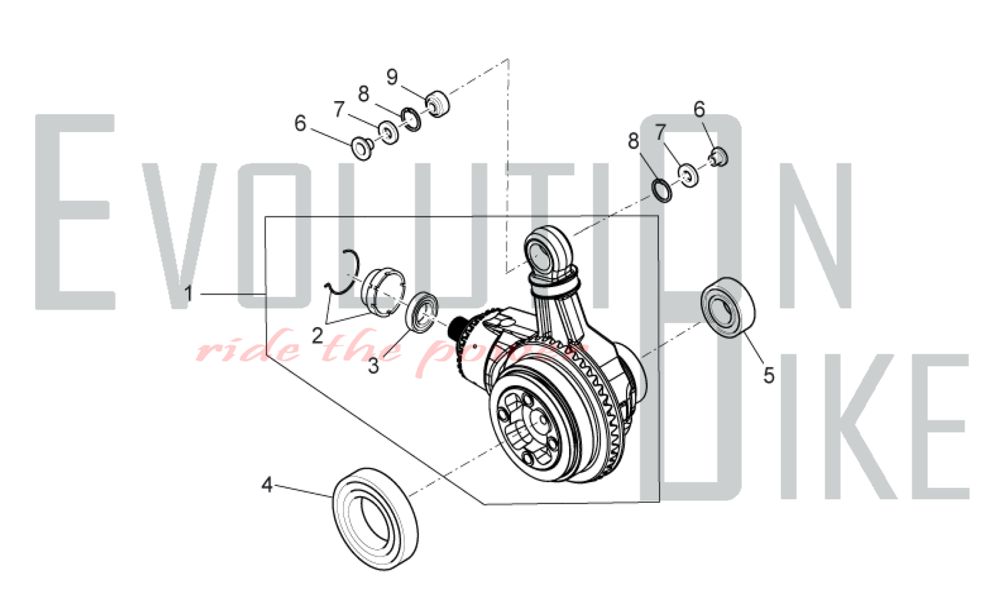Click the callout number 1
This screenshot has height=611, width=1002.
[188, 293]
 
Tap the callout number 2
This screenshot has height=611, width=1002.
[317, 335]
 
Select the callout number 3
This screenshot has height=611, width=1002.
[373, 366]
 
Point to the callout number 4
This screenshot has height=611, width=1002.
[267, 484]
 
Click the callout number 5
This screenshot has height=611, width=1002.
[769, 375]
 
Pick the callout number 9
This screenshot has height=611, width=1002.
[392, 77]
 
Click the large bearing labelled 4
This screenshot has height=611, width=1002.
[375, 519]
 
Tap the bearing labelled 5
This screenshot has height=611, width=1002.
[728, 307]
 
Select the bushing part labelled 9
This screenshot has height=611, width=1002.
[437, 104]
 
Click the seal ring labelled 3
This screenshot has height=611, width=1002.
[424, 312]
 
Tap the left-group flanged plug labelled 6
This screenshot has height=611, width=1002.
[362, 148]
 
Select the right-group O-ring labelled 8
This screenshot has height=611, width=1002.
[662, 190]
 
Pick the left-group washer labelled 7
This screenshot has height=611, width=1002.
[388, 133]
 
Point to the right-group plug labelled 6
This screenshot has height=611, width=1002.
[718, 157]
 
